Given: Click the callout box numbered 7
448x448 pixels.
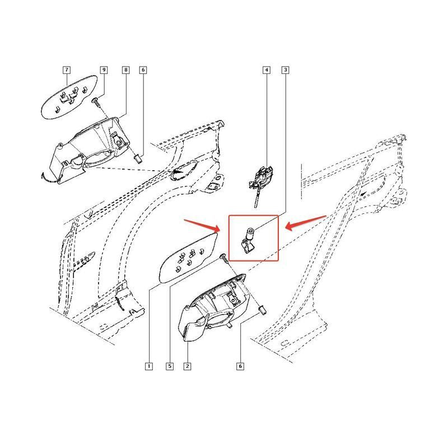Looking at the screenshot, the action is click(67, 70).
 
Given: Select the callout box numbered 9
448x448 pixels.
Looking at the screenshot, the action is click(104, 70).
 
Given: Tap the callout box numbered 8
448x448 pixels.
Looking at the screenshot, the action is click(125, 70).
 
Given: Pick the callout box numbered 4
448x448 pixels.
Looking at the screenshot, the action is click(267, 70).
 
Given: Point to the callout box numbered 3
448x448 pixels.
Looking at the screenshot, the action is click(285, 70).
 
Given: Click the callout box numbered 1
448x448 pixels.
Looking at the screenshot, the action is click(148, 366).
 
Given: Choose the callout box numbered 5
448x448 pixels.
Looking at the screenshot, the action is click(170, 366).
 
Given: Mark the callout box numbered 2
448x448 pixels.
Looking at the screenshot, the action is click(187, 366).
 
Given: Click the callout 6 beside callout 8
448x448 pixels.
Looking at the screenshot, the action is click(143, 70).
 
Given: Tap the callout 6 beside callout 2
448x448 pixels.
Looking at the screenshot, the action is click(240, 366).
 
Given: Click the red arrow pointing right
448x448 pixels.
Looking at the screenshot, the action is click(202, 226).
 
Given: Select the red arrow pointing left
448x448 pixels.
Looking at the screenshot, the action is click(306, 223).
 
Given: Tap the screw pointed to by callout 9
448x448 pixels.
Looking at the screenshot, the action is click(96, 103).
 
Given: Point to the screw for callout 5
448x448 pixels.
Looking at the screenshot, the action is click(225, 258).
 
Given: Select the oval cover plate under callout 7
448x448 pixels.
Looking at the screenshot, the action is click(69, 97).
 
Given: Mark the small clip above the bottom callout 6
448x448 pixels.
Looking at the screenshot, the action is click(262, 311).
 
